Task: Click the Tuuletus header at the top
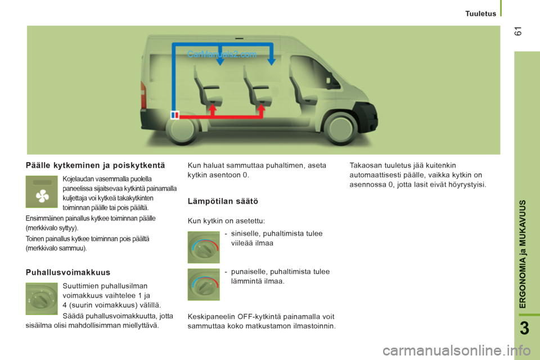(x=480, y=13)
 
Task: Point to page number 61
(x=518, y=31)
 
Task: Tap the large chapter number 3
(x=524, y=328)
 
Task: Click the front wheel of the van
(x=340, y=129)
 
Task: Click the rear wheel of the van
(x=182, y=129)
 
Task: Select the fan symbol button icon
(x=42, y=192)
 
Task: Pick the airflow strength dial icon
(x=42, y=299)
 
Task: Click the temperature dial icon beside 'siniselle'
(x=204, y=247)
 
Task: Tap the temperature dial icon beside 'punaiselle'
(x=204, y=285)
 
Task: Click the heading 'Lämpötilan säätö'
(x=223, y=201)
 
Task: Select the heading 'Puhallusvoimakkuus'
(x=68, y=272)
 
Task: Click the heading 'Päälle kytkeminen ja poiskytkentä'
(x=96, y=165)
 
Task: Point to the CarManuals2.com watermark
(x=222, y=54)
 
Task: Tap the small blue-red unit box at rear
(x=175, y=115)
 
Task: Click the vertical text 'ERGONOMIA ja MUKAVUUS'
(x=523, y=254)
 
